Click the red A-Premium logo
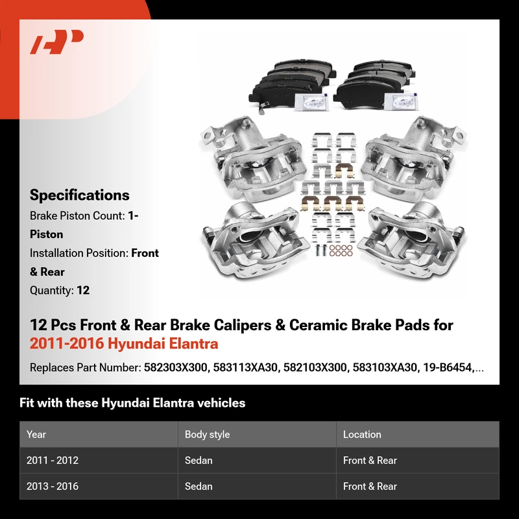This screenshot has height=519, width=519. click(56, 42)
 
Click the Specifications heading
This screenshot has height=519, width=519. click(79, 195)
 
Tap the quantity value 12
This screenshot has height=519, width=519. click(83, 290)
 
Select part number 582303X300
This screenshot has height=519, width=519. click(175, 367)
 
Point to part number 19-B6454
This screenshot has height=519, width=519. click(447, 367)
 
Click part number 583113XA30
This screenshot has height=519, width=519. click(245, 367)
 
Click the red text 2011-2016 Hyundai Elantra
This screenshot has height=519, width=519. click(124, 343)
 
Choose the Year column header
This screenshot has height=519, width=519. click(36, 434)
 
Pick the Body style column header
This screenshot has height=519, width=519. click(207, 434)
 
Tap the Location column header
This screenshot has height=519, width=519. click(362, 434)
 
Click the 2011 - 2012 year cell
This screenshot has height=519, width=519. click(53, 460)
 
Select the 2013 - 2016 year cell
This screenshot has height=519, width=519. click(53, 486)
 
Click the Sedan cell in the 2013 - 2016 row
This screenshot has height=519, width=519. click(199, 486)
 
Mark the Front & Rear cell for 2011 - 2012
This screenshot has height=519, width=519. click(370, 460)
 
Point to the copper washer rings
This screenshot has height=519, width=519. click(341, 250)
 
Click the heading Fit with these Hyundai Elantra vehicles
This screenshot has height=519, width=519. click(132, 403)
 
